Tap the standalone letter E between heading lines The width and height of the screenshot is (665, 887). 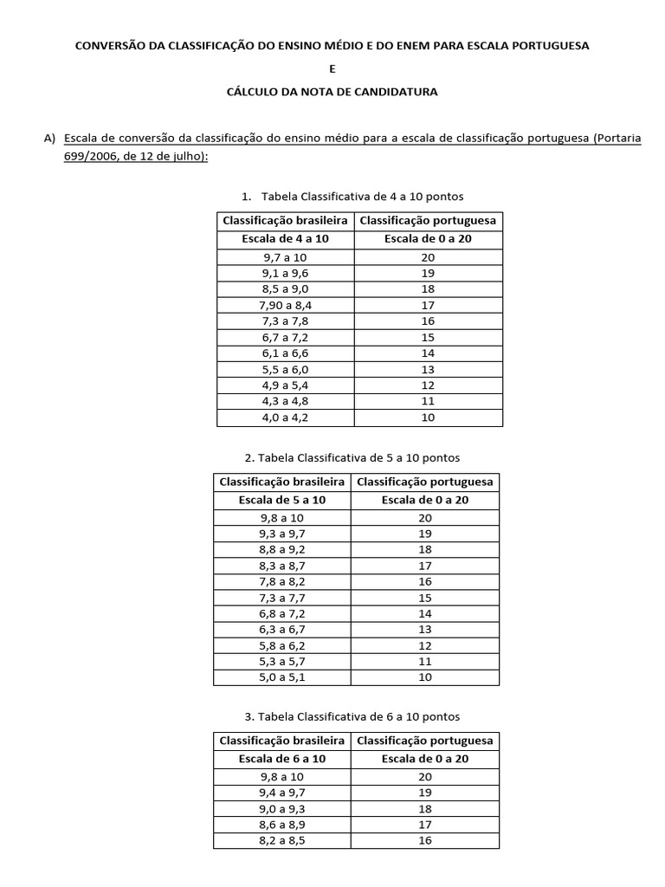tap(332, 68)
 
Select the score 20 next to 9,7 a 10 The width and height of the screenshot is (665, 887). tap(428, 257)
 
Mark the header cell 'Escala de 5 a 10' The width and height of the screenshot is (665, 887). tap(281, 500)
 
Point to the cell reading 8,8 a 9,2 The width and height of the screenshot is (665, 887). tap(281, 549)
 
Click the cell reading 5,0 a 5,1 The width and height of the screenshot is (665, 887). tap(281, 677)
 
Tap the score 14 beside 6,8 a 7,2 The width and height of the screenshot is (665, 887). tap(425, 613)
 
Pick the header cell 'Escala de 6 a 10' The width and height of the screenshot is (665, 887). tap(281, 759)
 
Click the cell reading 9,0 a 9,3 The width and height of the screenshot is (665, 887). tap(281, 808)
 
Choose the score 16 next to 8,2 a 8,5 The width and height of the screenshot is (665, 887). tap(425, 840)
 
